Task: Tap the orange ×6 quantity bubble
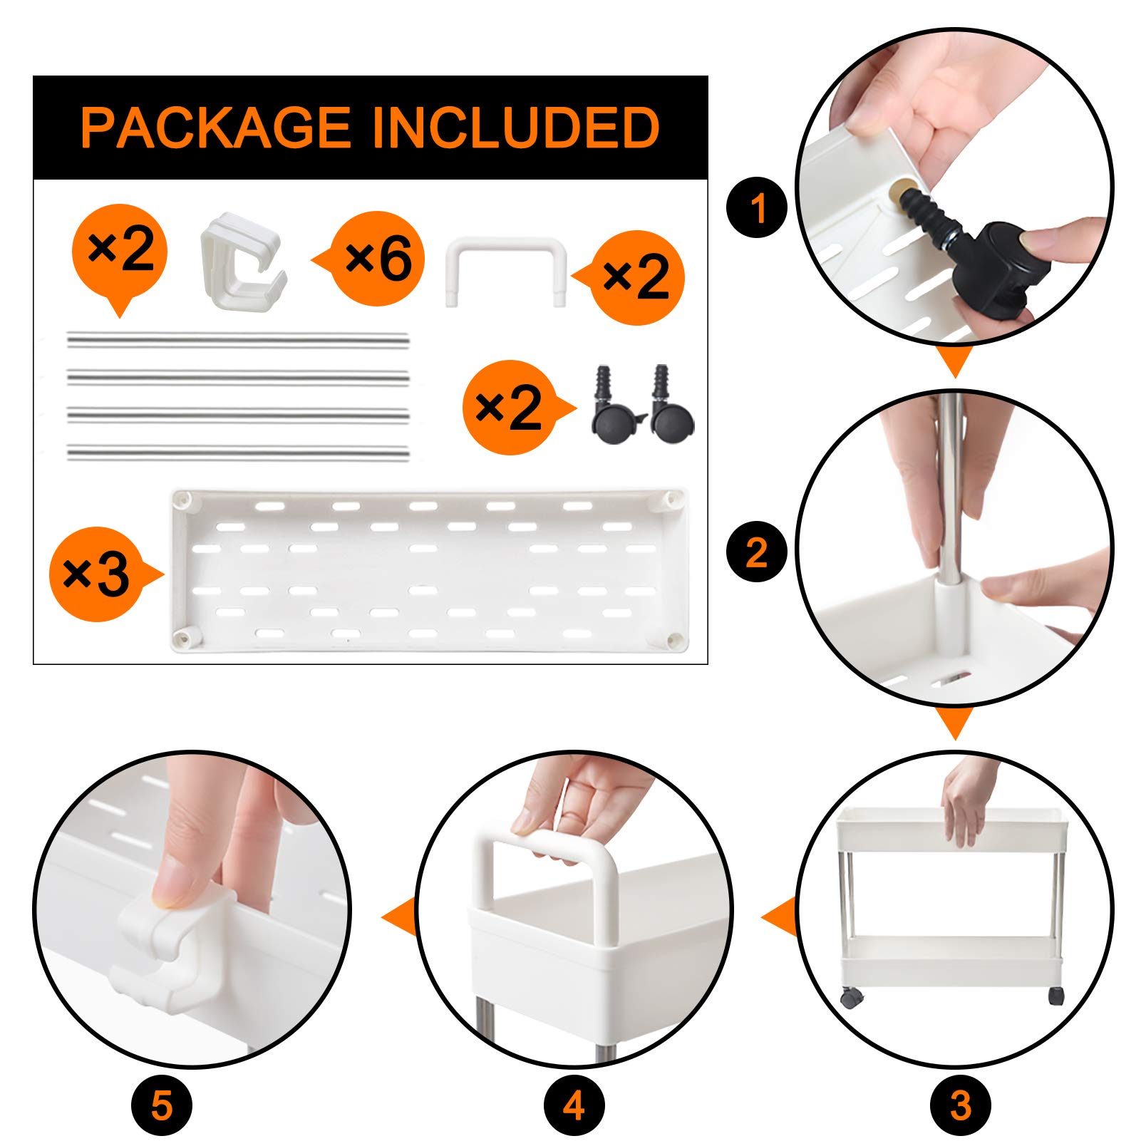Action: [x=378, y=258]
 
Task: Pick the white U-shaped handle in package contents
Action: [x=506, y=271]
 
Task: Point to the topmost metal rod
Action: [x=238, y=339]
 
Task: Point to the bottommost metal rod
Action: [x=238, y=452]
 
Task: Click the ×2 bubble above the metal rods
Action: [x=120, y=251]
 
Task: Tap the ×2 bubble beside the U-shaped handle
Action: [x=636, y=278]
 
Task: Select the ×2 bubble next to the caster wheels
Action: [x=509, y=408]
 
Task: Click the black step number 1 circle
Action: [x=757, y=208]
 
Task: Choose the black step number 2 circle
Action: [x=757, y=552]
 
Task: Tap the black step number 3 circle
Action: [x=961, y=1105]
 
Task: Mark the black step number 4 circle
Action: [x=574, y=1105]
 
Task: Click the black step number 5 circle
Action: [x=162, y=1105]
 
